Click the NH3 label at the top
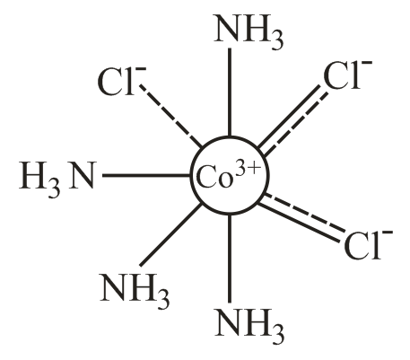pos(249,31)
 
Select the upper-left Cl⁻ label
pos(122,82)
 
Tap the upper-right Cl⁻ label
pos(348,75)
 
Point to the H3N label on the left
pos(57,178)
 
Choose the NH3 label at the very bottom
pos(249,324)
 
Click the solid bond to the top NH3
pos(230,92)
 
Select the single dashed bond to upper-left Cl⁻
pos(171,117)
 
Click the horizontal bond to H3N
pos(147,175)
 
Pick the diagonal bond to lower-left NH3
pos(171,234)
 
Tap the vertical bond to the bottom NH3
pos(230,259)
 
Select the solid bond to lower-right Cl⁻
pos(300,223)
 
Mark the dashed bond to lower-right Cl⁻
pos(305,213)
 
